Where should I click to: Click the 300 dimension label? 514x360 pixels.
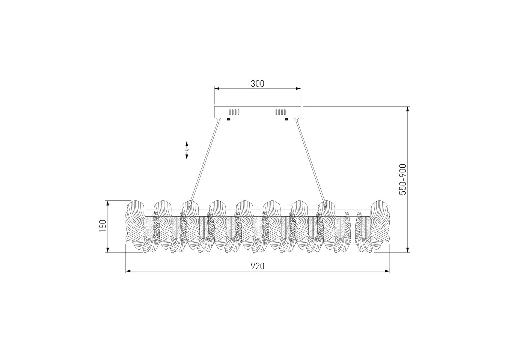coord(257,84)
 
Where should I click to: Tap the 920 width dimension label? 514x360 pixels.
coord(257,266)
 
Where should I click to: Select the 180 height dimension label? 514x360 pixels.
coord(103,226)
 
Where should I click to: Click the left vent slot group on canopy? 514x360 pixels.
coord(234,112)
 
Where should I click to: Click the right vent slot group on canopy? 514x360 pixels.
coord(281,112)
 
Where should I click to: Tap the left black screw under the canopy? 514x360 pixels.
coord(229,120)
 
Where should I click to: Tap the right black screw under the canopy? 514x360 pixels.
coord(286,120)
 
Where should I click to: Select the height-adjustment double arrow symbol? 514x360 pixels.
coord(186,150)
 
